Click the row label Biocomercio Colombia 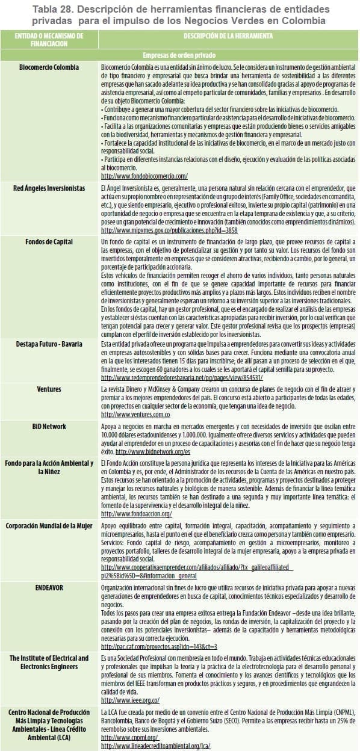point(49,67)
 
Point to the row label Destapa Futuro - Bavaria point(49,344)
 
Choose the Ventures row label point(49,389)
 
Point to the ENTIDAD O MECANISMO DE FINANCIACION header point(49,40)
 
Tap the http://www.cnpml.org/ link point(129,737)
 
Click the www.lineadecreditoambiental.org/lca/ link point(155,746)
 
